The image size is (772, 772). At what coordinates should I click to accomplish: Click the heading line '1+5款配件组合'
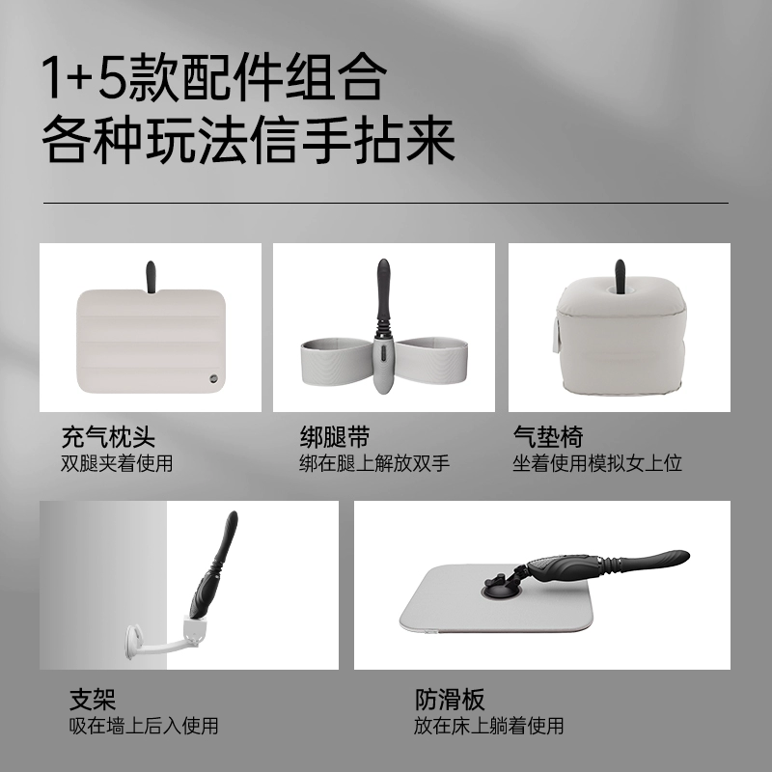pos(213,77)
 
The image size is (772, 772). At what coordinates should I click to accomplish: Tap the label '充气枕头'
pos(108,437)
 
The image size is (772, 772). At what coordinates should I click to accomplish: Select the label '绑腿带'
pos(335,437)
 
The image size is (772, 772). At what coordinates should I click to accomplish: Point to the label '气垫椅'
pos(548,437)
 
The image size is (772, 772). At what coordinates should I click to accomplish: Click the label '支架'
pos(93,699)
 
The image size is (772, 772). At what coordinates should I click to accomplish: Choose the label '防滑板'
pos(450,699)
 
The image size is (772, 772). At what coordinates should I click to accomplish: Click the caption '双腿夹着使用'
pos(117,463)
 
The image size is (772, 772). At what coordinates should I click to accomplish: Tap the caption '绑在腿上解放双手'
pos(374,463)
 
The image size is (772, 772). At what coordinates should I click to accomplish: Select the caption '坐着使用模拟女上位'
pos(597,463)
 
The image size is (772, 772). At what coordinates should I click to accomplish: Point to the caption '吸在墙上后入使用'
pos(144,726)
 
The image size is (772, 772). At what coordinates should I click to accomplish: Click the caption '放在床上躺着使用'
pos(489,726)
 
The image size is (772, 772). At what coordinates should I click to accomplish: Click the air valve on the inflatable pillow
pos(213,378)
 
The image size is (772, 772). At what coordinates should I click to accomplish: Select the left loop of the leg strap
pos(336,361)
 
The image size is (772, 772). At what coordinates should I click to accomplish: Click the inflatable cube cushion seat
pos(620,339)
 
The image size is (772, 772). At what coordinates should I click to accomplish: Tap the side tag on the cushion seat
pos(557,334)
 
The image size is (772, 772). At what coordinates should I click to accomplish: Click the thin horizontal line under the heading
pos(386,203)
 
